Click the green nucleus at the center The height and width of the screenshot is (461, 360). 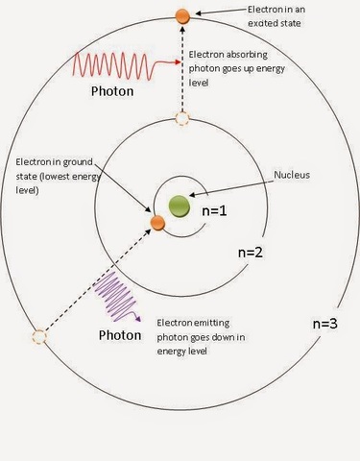click(x=178, y=205)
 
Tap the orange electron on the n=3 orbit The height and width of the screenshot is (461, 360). click(x=181, y=15)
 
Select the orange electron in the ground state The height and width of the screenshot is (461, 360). click(x=157, y=224)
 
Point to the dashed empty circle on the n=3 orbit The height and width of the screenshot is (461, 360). click(x=38, y=337)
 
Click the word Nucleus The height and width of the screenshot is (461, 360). click(x=292, y=175)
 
